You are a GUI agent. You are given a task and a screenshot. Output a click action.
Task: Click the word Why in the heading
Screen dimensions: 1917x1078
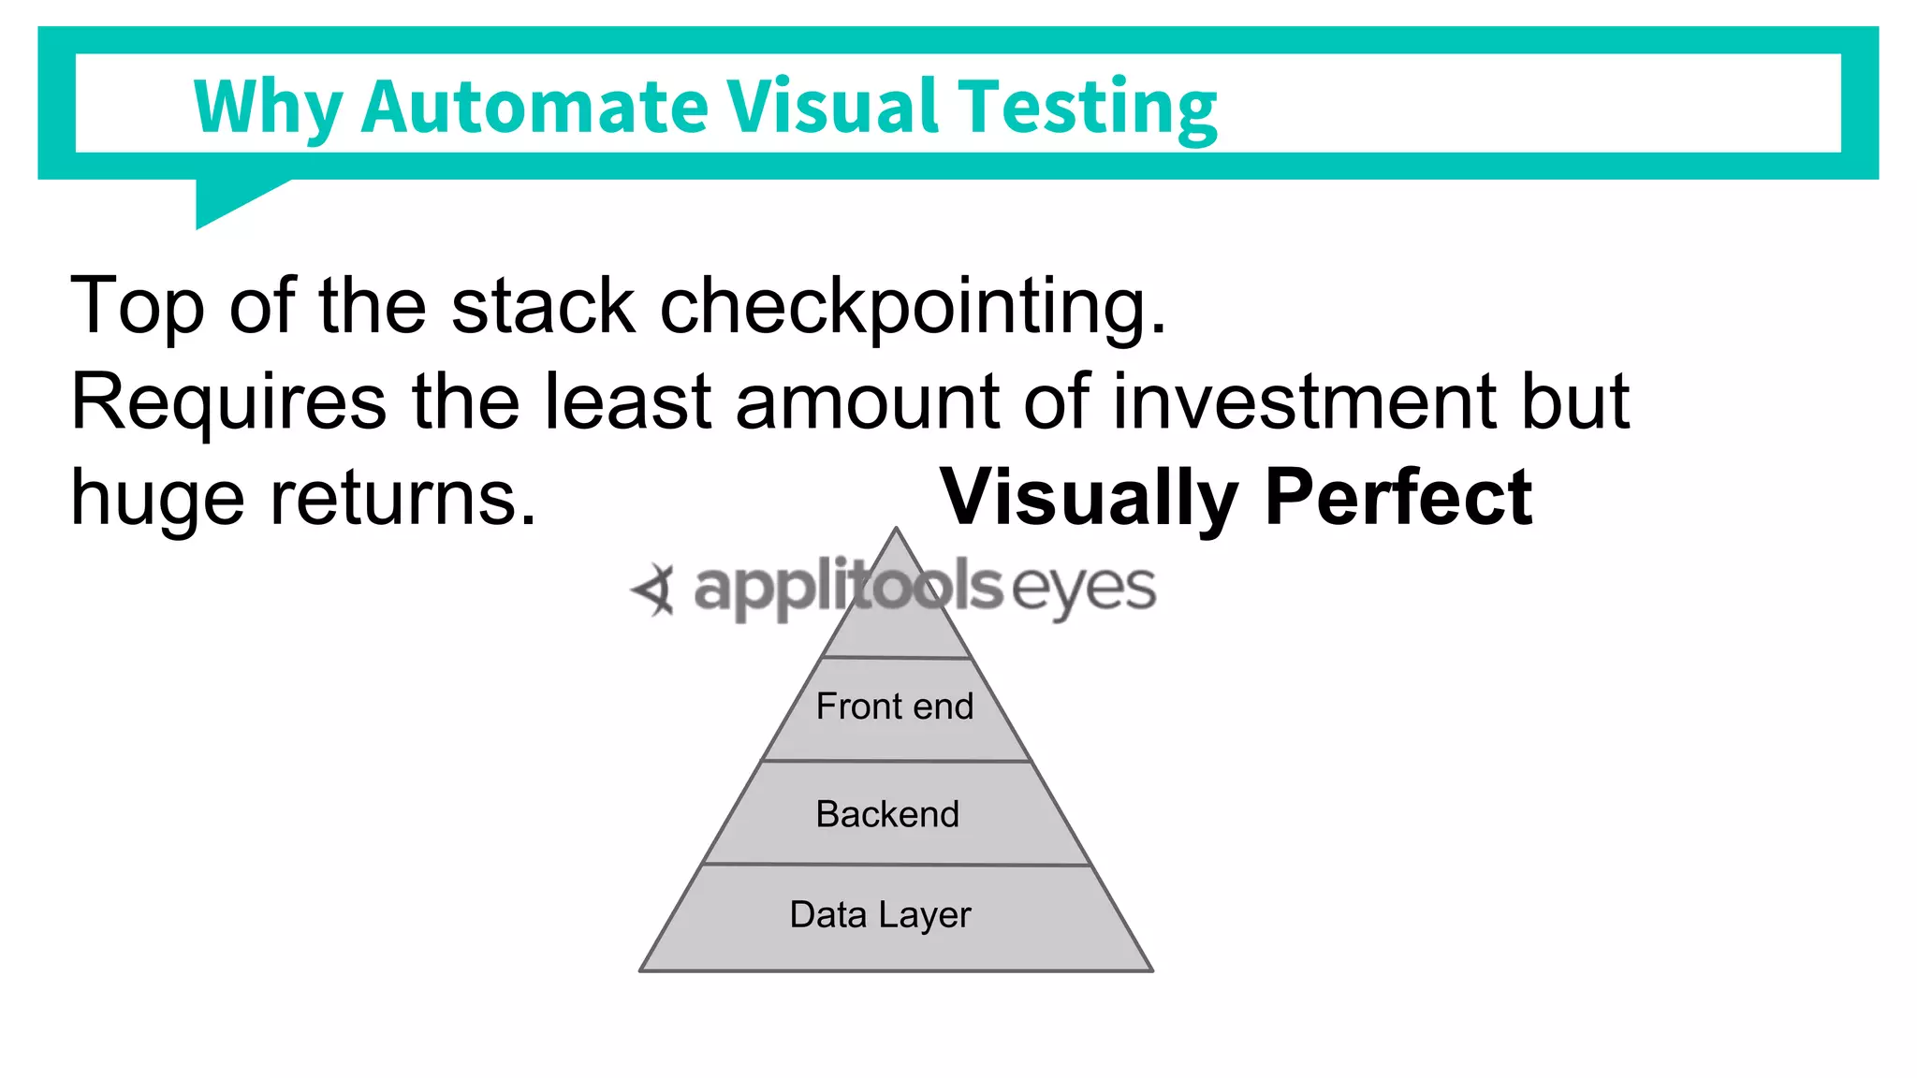(268, 109)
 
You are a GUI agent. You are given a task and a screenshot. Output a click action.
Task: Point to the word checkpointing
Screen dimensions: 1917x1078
(913, 307)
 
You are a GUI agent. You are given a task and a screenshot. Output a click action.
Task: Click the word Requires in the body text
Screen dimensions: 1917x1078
(228, 402)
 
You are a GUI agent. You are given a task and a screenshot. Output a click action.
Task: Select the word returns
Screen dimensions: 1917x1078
(402, 499)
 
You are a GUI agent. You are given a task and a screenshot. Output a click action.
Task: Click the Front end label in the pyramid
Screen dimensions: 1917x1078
(895, 707)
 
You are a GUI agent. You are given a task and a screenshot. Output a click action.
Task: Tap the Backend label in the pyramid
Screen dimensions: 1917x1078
(887, 814)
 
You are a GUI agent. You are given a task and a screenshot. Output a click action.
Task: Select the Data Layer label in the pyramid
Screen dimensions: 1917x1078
(880, 915)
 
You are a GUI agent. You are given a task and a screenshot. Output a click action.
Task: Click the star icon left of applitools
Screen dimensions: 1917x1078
(653, 590)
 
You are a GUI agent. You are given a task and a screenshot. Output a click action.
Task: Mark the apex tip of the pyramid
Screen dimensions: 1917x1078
(896, 531)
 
